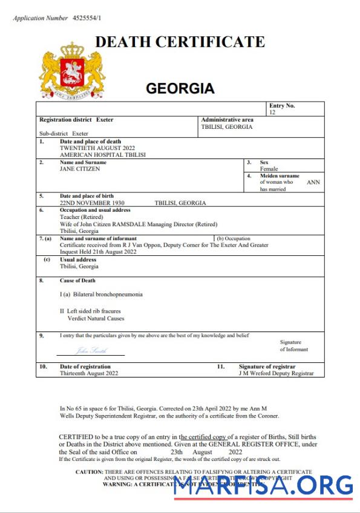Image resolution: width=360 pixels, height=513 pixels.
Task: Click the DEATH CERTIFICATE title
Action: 180,42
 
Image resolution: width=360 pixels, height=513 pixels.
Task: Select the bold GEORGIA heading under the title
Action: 180,89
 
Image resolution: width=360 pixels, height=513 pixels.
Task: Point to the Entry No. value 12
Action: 272,113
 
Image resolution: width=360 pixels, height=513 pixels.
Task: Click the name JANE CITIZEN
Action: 80,169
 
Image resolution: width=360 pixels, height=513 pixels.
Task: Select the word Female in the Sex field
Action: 269,169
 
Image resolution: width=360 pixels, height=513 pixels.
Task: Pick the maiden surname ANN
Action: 313,182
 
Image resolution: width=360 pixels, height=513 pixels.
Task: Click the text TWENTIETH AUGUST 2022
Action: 97,148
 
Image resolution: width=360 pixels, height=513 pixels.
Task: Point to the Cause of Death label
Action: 77,281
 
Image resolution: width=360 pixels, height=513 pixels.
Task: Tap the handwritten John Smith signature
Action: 89,350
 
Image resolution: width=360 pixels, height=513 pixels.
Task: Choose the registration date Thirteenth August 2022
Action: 89,374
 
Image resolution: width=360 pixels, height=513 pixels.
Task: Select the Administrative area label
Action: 227,120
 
